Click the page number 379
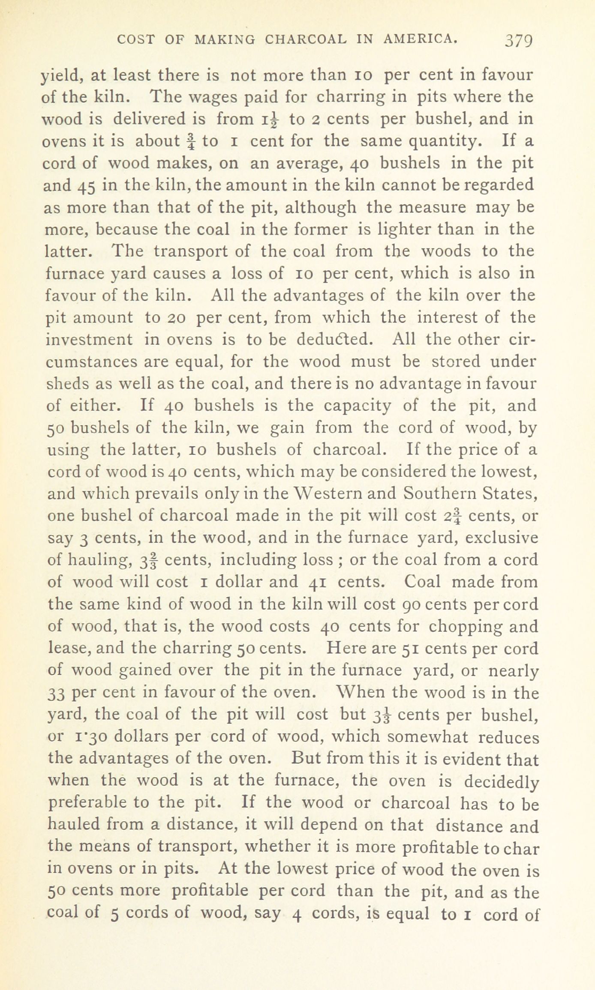[x=519, y=41]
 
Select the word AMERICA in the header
[x=420, y=40]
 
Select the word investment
[x=90, y=339]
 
